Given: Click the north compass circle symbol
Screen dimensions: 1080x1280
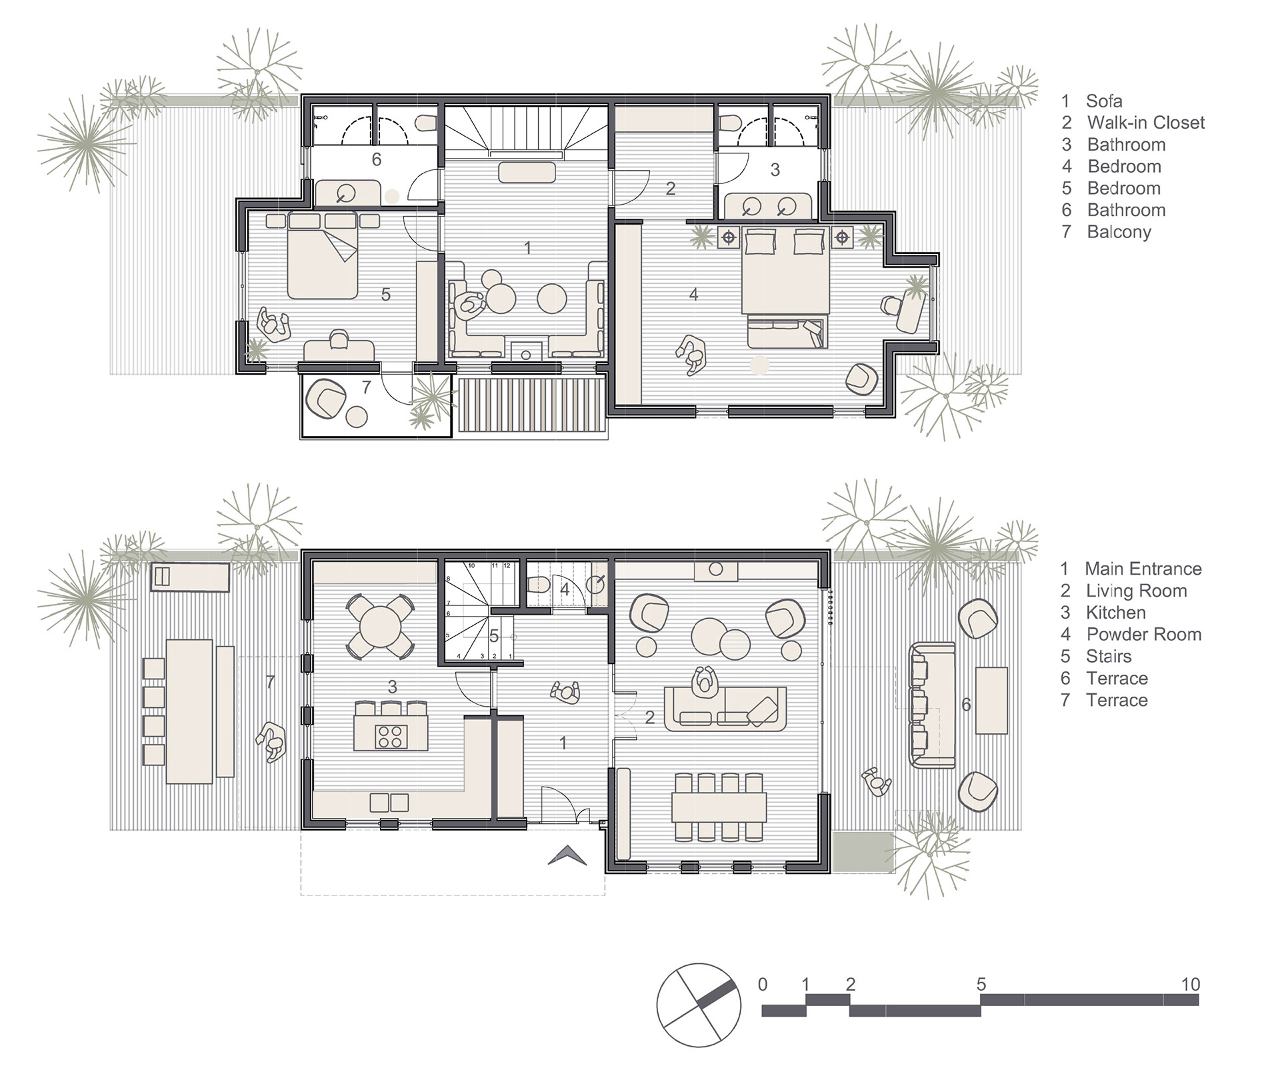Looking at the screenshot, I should pyautogui.click(x=698, y=1005).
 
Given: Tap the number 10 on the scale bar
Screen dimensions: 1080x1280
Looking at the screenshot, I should pyautogui.click(x=1190, y=984).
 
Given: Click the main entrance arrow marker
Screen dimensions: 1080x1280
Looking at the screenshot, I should pyautogui.click(x=567, y=855).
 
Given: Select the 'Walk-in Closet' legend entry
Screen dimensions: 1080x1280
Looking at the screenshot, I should pyautogui.click(x=1145, y=123).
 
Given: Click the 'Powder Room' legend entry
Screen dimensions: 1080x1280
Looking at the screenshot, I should pyautogui.click(x=1143, y=634).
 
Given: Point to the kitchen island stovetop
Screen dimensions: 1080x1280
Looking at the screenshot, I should pyautogui.click(x=390, y=736).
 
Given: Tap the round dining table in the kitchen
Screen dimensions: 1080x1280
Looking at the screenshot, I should pyautogui.click(x=380, y=626).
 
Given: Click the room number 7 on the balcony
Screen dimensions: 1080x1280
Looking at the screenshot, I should pyautogui.click(x=366, y=387).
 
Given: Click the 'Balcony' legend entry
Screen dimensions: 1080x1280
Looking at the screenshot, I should pyautogui.click(x=1119, y=232).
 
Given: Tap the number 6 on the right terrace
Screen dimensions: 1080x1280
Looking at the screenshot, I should pyautogui.click(x=966, y=704).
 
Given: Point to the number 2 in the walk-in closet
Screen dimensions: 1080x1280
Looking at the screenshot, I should pyautogui.click(x=671, y=189).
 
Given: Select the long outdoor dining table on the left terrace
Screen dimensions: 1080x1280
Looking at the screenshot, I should pyautogui.click(x=189, y=711).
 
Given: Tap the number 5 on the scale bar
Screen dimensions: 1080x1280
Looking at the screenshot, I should pyautogui.click(x=981, y=984).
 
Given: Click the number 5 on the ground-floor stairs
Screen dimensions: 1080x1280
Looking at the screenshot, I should pyautogui.click(x=494, y=636).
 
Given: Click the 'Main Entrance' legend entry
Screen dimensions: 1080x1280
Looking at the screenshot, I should pyautogui.click(x=1143, y=569).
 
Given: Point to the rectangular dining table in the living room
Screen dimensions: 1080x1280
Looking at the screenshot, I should pyautogui.click(x=719, y=807).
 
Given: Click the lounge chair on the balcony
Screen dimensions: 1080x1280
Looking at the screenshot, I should pyautogui.click(x=325, y=399).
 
